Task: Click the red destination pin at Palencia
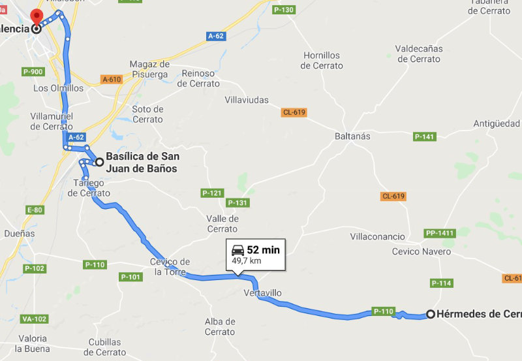[x=37, y=18]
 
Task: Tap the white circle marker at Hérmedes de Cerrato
[x=431, y=314]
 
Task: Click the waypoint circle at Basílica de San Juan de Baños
[x=99, y=161]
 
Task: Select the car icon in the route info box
[x=238, y=250]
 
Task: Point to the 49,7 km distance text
[x=246, y=260]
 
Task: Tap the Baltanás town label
[x=352, y=136]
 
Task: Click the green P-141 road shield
[x=424, y=137]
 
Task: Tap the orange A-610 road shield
[x=112, y=80]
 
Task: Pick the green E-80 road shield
[x=35, y=210]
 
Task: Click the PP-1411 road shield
[x=439, y=233]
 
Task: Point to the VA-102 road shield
[x=34, y=319]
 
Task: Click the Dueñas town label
[x=19, y=233]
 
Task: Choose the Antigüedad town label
[x=497, y=123]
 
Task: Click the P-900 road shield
[x=33, y=72]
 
